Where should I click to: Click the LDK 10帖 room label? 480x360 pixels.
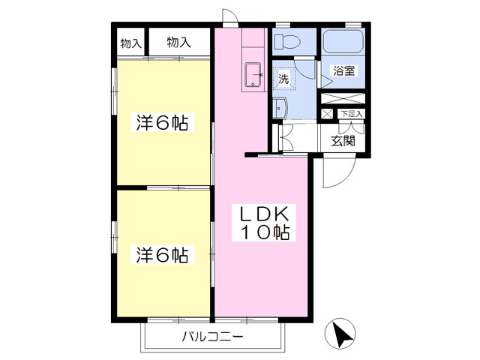264,223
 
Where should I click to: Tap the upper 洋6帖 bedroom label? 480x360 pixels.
162,122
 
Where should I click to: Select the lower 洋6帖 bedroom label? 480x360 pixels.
162,255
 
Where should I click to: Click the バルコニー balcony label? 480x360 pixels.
213,337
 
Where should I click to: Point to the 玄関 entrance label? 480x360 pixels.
343,141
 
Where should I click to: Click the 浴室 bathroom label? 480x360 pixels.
343,70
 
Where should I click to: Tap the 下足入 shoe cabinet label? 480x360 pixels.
352,114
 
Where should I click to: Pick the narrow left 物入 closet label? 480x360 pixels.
131,43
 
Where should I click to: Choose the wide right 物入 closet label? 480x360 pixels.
178,42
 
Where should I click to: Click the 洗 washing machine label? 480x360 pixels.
283,79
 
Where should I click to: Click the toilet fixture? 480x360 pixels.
286,42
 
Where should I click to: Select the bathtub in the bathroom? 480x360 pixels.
343,42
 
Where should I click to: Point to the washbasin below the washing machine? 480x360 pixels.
280,108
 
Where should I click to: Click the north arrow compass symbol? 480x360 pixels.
340,333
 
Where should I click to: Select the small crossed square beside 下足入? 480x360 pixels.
327,114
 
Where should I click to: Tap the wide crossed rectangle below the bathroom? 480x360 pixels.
343,98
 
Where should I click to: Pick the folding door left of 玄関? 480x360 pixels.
286,137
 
